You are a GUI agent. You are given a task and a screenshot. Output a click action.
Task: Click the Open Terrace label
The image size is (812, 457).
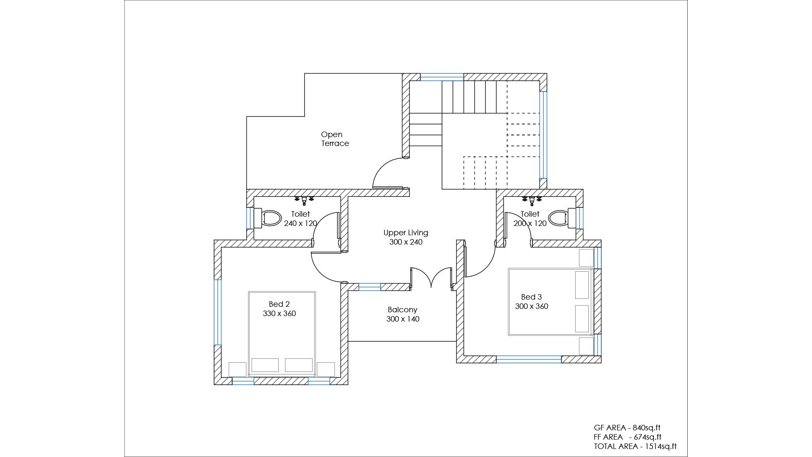(x=335, y=139)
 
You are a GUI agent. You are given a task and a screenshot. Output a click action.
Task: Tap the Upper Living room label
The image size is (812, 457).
(x=406, y=233)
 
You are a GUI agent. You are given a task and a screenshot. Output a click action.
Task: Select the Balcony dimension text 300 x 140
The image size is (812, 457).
(x=403, y=319)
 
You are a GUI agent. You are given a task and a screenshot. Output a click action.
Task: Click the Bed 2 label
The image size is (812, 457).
(x=279, y=304)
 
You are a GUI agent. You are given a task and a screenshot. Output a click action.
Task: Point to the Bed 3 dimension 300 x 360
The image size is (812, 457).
(x=532, y=306)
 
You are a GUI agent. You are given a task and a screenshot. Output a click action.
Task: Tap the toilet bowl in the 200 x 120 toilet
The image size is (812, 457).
(x=562, y=218)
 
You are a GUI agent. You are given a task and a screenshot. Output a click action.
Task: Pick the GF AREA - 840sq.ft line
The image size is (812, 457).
(x=627, y=428)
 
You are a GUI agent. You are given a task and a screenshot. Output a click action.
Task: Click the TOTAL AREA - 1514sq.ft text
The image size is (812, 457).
(x=635, y=446)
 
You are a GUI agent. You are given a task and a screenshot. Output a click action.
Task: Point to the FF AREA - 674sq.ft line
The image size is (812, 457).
(x=628, y=437)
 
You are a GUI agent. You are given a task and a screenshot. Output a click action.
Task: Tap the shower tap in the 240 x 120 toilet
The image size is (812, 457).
(x=304, y=200)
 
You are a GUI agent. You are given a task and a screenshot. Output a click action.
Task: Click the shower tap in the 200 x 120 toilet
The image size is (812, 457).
(x=532, y=200)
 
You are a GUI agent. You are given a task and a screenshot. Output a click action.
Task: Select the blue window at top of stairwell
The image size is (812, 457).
(x=442, y=77)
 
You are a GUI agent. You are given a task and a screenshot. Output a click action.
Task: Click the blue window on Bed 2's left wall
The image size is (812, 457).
(x=217, y=312)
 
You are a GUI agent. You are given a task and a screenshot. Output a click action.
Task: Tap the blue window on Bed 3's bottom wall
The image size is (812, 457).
(x=529, y=359)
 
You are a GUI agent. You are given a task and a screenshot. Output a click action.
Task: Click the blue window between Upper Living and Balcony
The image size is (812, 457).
(x=370, y=287)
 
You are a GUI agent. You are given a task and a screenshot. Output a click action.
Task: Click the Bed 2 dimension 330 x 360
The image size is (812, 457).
(x=279, y=314)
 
